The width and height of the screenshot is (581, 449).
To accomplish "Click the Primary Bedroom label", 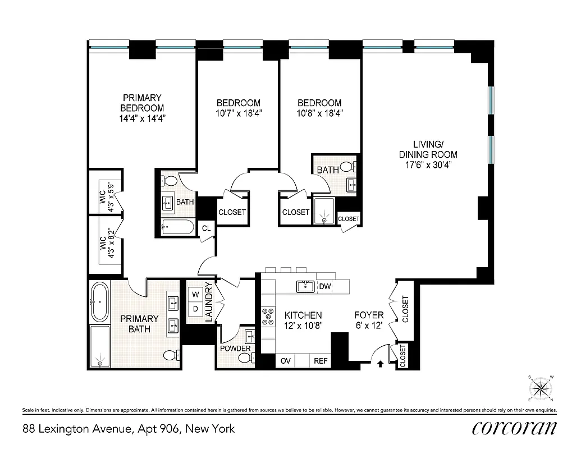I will coord(142,103).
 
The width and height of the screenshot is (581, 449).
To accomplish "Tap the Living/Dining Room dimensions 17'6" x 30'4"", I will coord(428,165).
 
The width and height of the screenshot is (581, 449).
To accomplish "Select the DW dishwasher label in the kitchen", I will coord(324,286).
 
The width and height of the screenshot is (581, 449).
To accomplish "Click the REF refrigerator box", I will coord(320,361).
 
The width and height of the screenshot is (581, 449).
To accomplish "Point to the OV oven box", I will coord(285,361).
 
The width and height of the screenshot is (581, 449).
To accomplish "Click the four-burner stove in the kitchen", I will coord(267,317).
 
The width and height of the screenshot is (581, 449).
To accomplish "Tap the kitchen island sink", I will coord(306,287).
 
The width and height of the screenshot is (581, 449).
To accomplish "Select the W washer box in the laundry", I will coord(196,294).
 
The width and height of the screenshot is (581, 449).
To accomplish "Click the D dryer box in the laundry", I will coord(196,308).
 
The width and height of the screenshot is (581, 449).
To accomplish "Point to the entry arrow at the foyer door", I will coord(381,364).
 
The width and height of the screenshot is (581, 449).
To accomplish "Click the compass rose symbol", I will coord(541,387).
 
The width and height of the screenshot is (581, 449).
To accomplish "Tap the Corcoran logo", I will coord(514,428).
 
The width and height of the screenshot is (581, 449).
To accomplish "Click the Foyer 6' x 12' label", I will coord(369,320).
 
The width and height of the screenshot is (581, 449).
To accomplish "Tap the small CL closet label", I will coord(206,228).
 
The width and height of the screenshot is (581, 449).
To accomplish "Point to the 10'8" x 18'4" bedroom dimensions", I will coord(319,113).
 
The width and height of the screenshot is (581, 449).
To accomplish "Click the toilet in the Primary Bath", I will coord(171,355).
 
